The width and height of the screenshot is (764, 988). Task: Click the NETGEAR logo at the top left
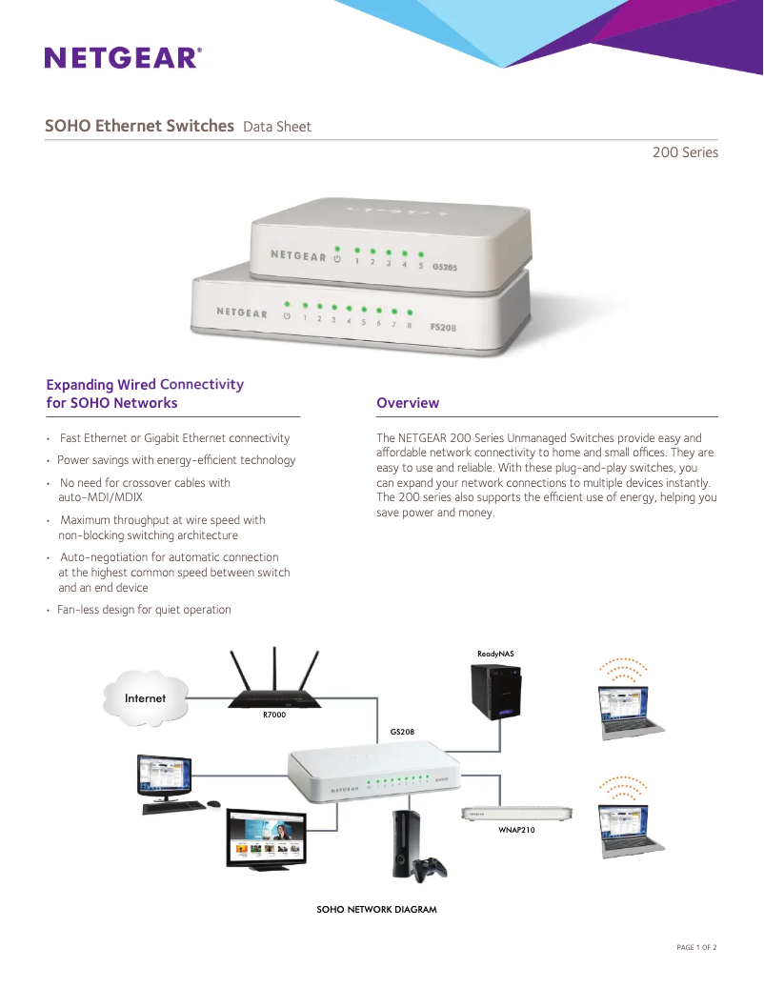pyautogui.click(x=123, y=58)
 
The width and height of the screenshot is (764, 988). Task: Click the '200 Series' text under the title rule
pyautogui.click(x=685, y=152)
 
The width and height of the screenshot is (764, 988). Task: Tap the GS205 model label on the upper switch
pyautogui.click(x=444, y=268)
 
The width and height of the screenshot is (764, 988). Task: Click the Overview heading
pyautogui.click(x=408, y=403)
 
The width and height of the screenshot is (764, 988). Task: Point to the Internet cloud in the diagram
pyautogui.click(x=145, y=698)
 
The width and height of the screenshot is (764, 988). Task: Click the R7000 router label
pyautogui.click(x=274, y=715)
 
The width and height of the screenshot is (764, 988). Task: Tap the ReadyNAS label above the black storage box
pyautogui.click(x=495, y=654)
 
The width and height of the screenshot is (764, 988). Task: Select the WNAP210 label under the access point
pyautogui.click(x=517, y=830)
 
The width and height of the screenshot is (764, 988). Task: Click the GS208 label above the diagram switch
pyautogui.click(x=402, y=732)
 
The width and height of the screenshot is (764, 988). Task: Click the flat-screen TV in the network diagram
pyautogui.click(x=266, y=838)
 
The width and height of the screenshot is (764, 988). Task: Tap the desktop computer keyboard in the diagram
pyautogui.click(x=178, y=806)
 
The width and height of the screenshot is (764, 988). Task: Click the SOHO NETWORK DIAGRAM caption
pyautogui.click(x=376, y=910)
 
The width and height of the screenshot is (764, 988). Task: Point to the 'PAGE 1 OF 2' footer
pyautogui.click(x=695, y=947)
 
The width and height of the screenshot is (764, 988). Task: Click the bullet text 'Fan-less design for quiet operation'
pyautogui.click(x=144, y=610)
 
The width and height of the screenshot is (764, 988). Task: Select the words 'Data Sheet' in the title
pyautogui.click(x=277, y=127)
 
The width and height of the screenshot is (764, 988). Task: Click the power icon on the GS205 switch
pyautogui.click(x=336, y=257)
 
